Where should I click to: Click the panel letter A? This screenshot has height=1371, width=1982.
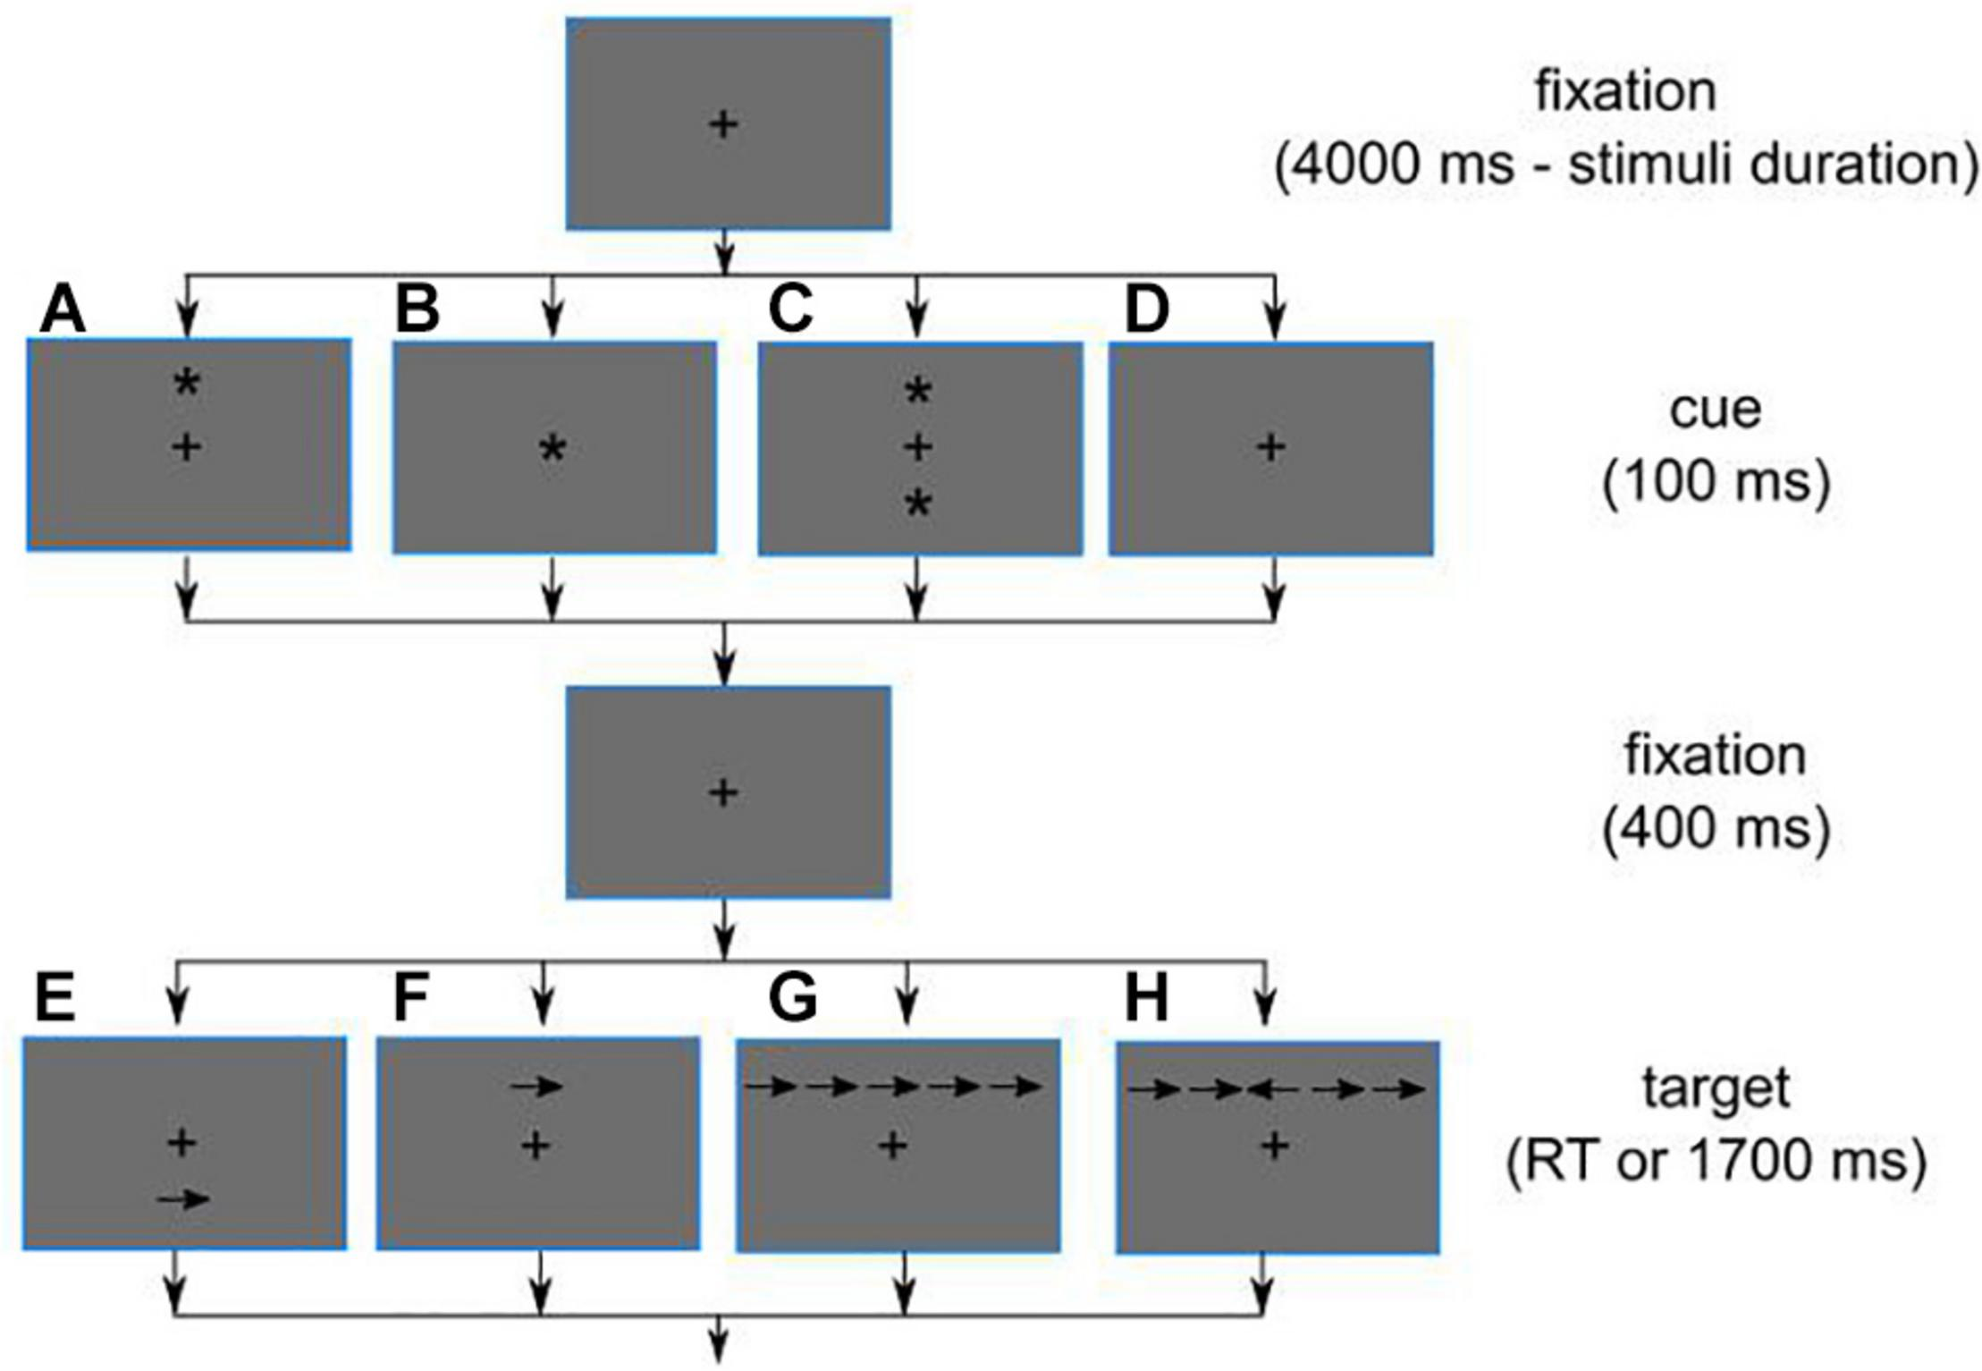[x=63, y=311]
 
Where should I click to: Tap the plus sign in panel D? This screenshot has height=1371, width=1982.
[x=1271, y=447]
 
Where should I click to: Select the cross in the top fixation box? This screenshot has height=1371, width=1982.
[x=723, y=124]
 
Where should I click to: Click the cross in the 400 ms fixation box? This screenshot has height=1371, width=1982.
[x=723, y=792]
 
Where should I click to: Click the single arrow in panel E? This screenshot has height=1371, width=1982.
[x=183, y=1199]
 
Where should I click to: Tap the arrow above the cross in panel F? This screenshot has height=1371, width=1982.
[x=536, y=1087]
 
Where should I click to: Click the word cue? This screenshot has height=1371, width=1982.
[x=1715, y=410]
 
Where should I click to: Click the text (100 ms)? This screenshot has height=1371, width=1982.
[x=1716, y=483]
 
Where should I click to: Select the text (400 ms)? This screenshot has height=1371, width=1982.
[x=1716, y=830]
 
